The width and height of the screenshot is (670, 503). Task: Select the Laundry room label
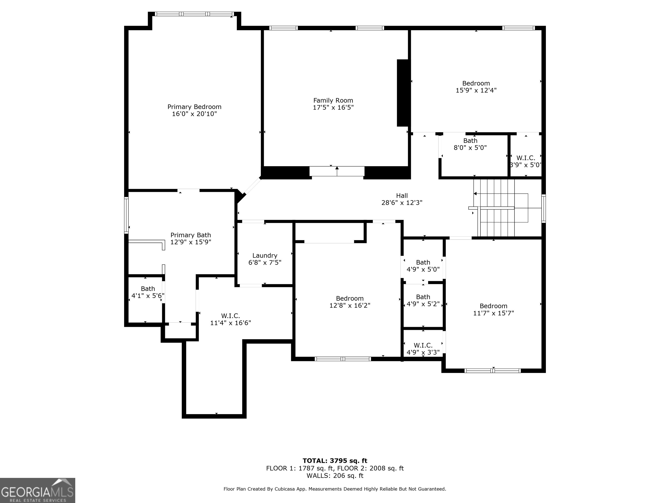(265, 256)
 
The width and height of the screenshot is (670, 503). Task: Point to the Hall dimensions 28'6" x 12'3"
(402, 203)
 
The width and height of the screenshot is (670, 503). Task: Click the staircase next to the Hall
(497, 208)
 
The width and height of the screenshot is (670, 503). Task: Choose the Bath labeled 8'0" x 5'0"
(470, 144)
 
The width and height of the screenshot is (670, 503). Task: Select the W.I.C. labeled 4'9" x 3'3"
(423, 349)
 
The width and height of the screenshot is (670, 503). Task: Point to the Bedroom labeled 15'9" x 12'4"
(476, 87)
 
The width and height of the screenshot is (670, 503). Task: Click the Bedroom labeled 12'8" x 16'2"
(350, 302)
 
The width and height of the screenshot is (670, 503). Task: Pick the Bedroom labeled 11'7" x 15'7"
(493, 309)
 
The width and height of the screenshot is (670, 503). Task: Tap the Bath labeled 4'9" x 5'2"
(423, 300)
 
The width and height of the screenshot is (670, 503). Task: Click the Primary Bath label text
(191, 235)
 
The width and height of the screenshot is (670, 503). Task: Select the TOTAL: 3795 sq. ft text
(335, 461)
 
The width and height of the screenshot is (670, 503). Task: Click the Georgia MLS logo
(37, 490)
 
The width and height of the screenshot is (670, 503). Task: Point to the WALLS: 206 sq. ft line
(335, 476)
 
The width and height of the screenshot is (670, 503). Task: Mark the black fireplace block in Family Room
(403, 93)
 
